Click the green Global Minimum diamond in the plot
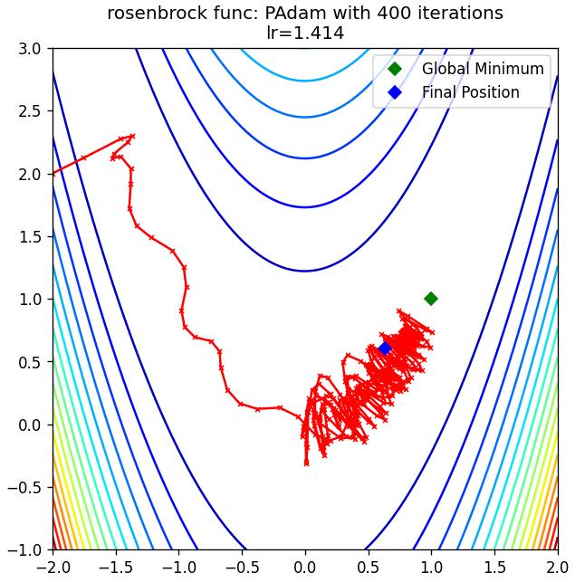[x=431, y=299]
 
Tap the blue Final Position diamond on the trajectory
[x=385, y=348]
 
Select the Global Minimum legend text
[x=483, y=69]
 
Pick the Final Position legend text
[x=470, y=92]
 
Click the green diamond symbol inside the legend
[x=395, y=69]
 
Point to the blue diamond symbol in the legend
[x=395, y=92]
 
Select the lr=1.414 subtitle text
[x=305, y=33]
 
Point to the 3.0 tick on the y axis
[x=30, y=49]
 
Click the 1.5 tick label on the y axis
[x=30, y=236]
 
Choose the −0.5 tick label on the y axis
[x=24, y=487]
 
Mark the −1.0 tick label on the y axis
[x=24, y=549]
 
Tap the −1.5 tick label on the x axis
[x=116, y=568]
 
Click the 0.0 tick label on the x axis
[x=305, y=568]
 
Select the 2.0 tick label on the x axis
[x=557, y=568]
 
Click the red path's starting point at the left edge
[x=53, y=174]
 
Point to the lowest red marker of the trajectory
[x=306, y=463]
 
